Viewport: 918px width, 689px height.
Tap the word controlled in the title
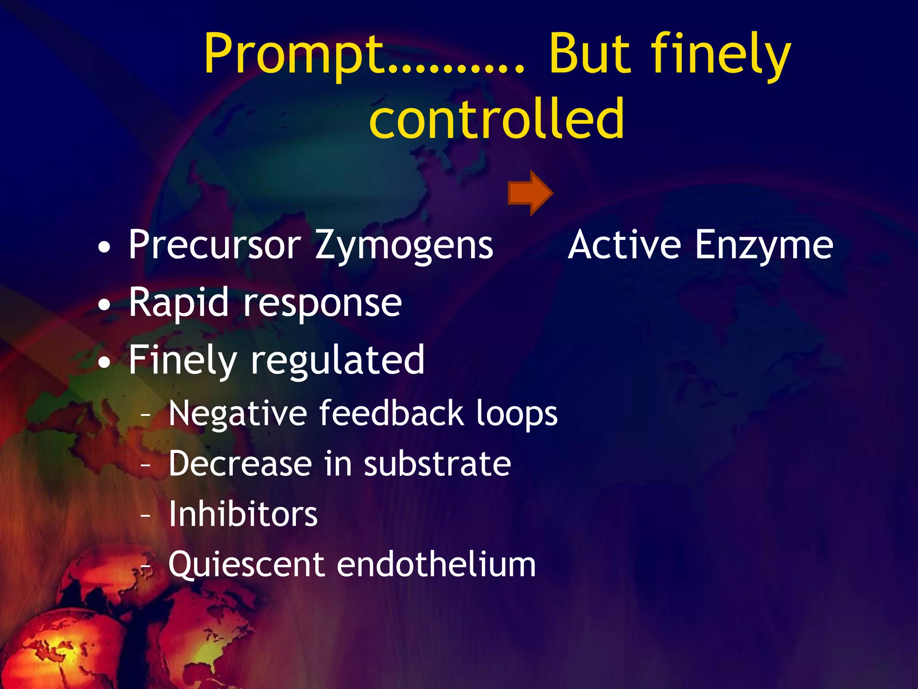click(497, 119)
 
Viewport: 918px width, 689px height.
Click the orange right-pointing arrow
click(530, 193)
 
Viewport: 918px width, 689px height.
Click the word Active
click(624, 245)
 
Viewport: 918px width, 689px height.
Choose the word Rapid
click(178, 303)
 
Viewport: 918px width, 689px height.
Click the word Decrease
click(240, 464)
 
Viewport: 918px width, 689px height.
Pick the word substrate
click(437, 464)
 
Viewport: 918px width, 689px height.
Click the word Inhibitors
click(243, 514)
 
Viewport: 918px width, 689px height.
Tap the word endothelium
click(436, 564)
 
